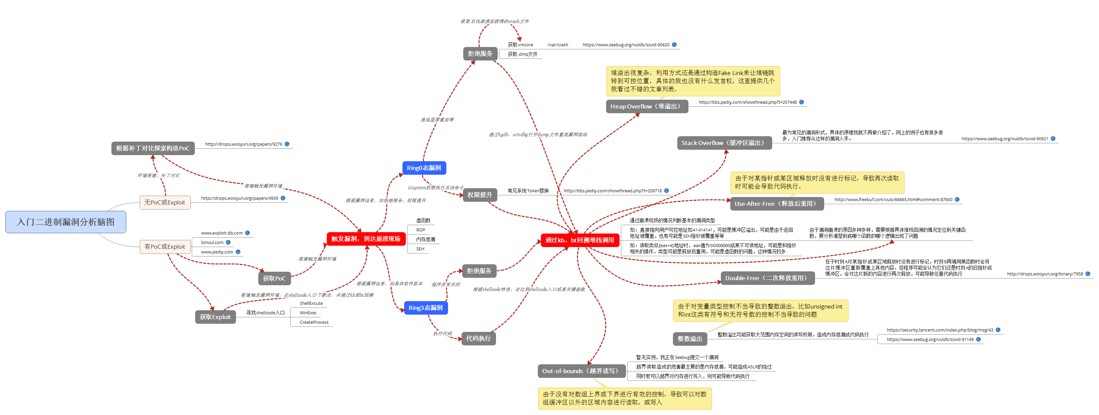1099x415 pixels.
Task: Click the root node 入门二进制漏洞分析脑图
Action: [x=66, y=222]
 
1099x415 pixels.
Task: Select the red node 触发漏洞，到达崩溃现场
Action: [x=366, y=239]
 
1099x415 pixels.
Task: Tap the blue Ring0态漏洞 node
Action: [x=424, y=168]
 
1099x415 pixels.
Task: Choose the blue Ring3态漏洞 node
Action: [x=425, y=308]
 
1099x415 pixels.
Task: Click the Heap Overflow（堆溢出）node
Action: [x=646, y=106]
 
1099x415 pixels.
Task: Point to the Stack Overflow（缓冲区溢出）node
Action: [x=724, y=143]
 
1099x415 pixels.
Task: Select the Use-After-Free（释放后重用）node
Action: [x=777, y=204]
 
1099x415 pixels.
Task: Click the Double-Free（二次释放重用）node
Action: [x=767, y=278]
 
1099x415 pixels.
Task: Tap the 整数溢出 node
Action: [x=689, y=339]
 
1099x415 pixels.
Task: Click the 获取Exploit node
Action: [x=215, y=317]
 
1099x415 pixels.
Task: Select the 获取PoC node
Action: [x=274, y=278]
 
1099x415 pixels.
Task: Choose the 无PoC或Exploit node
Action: [x=165, y=202]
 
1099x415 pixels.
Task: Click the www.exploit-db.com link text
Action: [x=222, y=233]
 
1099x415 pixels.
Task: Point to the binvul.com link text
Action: [x=212, y=243]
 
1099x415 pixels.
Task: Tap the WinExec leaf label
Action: [x=308, y=313]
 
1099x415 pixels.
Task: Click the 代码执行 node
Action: [x=478, y=339]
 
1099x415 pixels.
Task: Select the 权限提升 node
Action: [x=479, y=195]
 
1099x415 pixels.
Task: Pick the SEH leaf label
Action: [x=420, y=249]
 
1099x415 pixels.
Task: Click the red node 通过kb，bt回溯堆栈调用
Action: [x=579, y=240]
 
